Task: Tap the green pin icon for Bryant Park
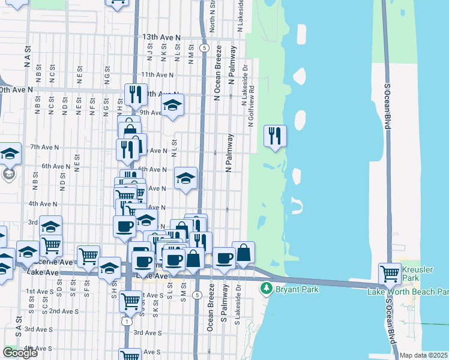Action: pos(266,289)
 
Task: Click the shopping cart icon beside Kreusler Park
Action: pos(390,274)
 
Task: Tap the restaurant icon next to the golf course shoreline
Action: pos(275,136)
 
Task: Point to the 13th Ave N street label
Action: pos(161,37)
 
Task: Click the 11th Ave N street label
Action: pos(157,75)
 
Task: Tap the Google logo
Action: pos(20,353)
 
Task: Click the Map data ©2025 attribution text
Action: pos(424,355)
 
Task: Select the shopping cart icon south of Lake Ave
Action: pos(130,301)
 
